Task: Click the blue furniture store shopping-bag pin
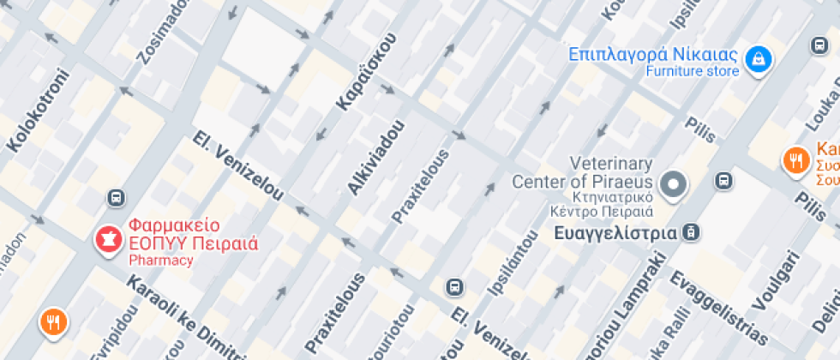(x=758, y=59)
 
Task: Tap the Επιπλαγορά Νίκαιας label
(x=653, y=54)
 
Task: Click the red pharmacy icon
(x=109, y=239)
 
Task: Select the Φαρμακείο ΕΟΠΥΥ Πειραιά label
(x=193, y=234)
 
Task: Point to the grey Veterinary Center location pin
(x=675, y=183)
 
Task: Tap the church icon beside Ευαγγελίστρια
(x=693, y=232)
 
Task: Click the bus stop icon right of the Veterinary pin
(x=724, y=181)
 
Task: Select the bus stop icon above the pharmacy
(x=116, y=199)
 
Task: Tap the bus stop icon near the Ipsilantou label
(x=454, y=286)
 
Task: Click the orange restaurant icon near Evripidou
(x=53, y=322)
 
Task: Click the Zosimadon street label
(x=162, y=34)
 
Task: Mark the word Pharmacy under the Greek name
(x=161, y=261)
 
